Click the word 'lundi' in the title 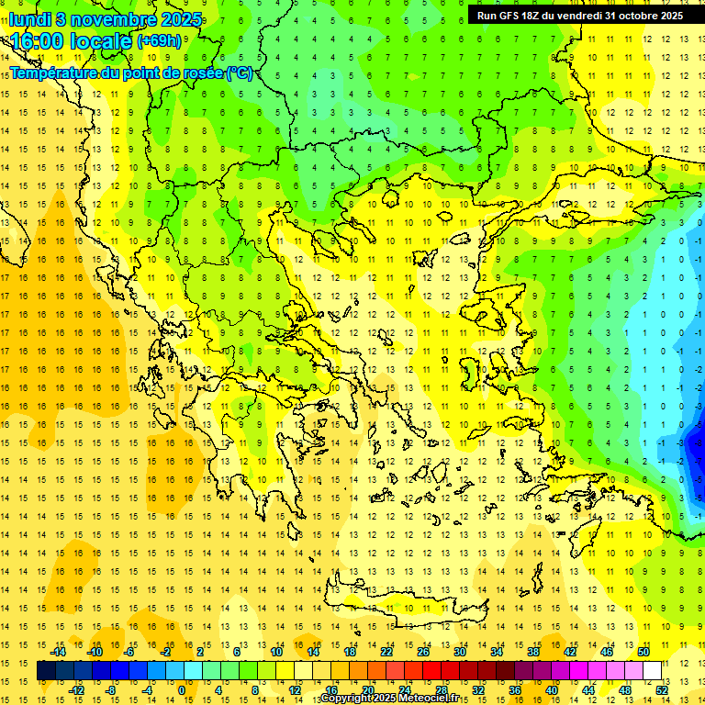click(x=30, y=18)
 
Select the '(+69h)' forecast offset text click(x=158, y=41)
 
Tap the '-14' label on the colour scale click(x=59, y=652)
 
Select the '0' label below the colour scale click(x=181, y=690)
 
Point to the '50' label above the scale click(x=643, y=652)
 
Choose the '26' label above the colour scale click(x=423, y=652)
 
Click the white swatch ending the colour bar click(x=653, y=671)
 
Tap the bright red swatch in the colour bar click(x=432, y=671)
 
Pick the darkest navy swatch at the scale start click(x=46, y=671)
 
